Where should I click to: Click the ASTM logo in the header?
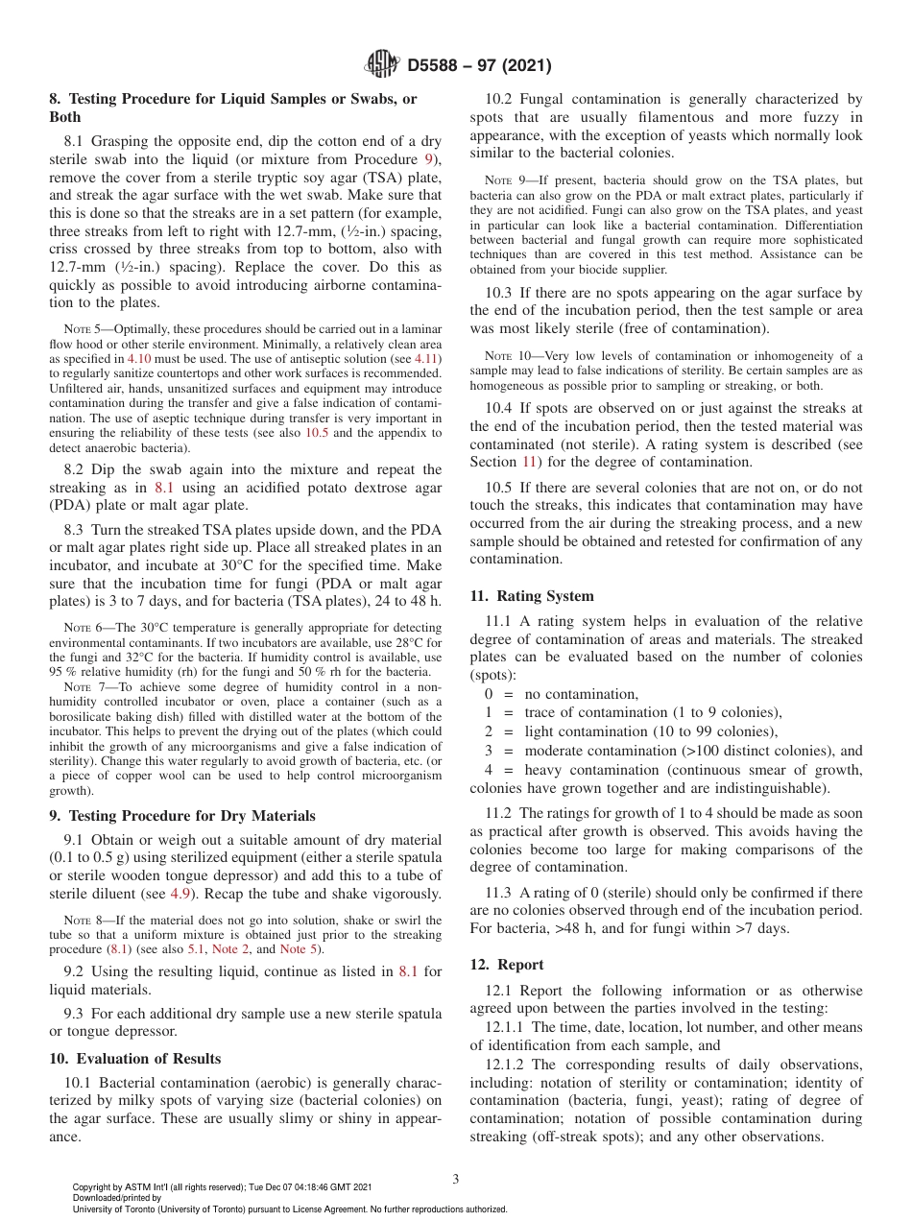pyautogui.click(x=384, y=65)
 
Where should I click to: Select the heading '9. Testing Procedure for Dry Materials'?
pyautogui.click(x=182, y=816)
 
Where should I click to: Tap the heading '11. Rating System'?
pyautogui.click(x=532, y=596)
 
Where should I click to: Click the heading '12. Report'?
pyautogui.click(x=507, y=965)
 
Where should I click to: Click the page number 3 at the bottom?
pyautogui.click(x=456, y=1180)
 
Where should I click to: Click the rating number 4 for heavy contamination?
pyautogui.click(x=489, y=770)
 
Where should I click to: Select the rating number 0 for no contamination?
pyautogui.click(x=489, y=694)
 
